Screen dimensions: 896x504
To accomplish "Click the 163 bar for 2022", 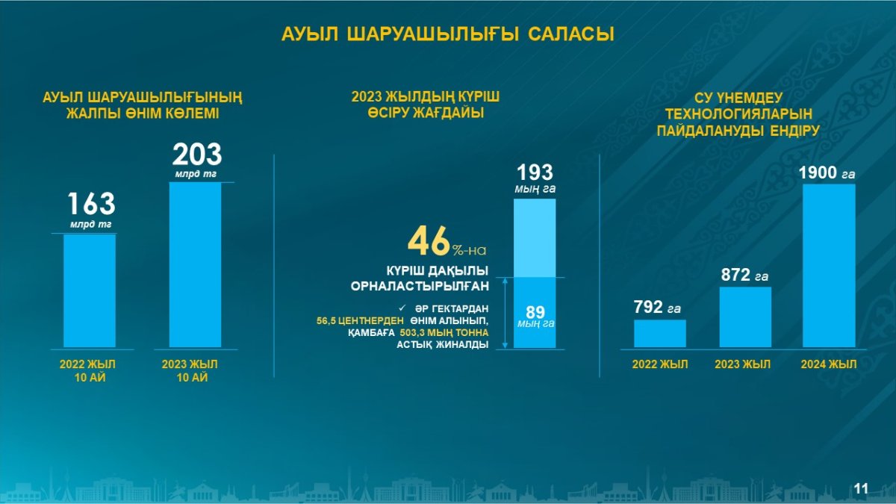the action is pyautogui.click(x=90, y=290).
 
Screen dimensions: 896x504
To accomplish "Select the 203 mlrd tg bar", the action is pyautogui.click(x=195, y=265).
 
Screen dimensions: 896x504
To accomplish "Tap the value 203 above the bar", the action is pyautogui.click(x=197, y=155).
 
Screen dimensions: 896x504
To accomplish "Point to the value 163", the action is pyautogui.click(x=92, y=204).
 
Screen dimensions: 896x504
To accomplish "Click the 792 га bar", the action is pyautogui.click(x=660, y=333).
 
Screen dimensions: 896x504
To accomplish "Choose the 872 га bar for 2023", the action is pyautogui.click(x=745, y=317).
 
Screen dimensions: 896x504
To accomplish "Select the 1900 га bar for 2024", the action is pyautogui.click(x=829, y=266).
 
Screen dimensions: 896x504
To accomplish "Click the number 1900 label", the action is pyautogui.click(x=818, y=172).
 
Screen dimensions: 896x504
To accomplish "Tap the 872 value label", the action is pyautogui.click(x=735, y=275).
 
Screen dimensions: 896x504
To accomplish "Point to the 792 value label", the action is pyautogui.click(x=648, y=307).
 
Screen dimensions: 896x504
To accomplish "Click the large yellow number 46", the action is pyautogui.click(x=429, y=240).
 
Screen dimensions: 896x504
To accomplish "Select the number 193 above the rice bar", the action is pyautogui.click(x=535, y=172).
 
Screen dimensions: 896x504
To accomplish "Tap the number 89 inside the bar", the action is pyautogui.click(x=535, y=312).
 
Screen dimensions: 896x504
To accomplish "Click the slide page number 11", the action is pyautogui.click(x=861, y=488).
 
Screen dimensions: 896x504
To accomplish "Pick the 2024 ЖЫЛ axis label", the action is pyautogui.click(x=829, y=364).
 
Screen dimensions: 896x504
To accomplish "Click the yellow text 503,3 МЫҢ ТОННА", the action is pyautogui.click(x=444, y=333).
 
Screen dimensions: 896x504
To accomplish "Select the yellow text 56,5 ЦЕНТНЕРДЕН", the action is pyautogui.click(x=360, y=321).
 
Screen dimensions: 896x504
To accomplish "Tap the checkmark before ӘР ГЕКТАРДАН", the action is pyautogui.click(x=402, y=308).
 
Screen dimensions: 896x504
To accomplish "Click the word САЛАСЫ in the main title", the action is pyautogui.click(x=570, y=34).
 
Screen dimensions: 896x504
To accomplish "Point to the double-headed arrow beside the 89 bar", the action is pyautogui.click(x=505, y=313).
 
